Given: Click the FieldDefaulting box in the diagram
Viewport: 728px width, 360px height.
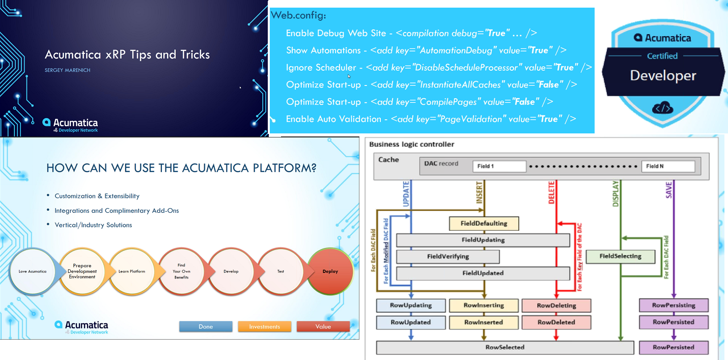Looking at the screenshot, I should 478,224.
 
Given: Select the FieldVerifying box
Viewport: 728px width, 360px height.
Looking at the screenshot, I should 447,257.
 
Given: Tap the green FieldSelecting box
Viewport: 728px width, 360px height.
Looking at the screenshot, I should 620,257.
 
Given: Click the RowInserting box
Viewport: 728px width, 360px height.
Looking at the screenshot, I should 484,306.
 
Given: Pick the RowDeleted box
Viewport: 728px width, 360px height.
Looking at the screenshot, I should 556,322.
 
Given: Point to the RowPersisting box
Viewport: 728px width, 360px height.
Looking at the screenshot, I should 674,306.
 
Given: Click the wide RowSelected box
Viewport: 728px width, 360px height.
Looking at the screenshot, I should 505,347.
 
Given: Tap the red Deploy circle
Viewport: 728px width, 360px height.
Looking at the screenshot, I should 330,271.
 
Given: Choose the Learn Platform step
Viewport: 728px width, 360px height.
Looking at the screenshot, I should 131,271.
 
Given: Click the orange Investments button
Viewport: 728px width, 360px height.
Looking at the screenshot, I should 264,326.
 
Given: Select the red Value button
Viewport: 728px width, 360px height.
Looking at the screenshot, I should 323,326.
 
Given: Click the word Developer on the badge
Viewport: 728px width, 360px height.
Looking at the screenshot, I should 663,76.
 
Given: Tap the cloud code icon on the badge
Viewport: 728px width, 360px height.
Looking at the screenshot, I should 663,108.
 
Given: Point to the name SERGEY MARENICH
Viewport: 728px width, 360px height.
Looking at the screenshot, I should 68,70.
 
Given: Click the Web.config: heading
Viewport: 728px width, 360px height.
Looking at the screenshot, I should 298,15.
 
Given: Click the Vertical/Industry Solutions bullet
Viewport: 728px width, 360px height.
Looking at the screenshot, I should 93,225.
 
